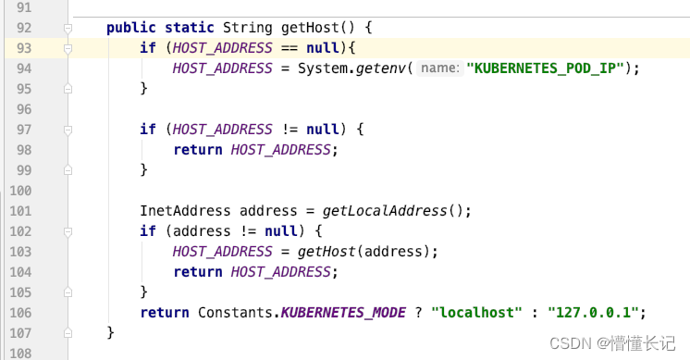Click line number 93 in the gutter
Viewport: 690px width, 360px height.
coord(22,48)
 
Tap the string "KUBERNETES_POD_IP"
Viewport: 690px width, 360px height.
coord(548,68)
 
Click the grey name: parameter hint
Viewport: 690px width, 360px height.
coord(440,68)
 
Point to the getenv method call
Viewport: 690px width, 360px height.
coord(383,68)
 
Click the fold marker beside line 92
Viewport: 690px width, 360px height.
coord(68,28)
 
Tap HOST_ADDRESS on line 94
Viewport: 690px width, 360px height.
coord(223,68)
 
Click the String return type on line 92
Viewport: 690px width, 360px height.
coord(243,28)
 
